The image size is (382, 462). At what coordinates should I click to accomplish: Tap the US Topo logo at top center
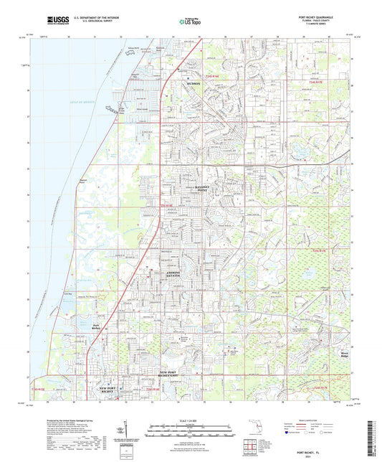coord(189,23)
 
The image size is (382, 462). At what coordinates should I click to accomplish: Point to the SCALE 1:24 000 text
coord(190,420)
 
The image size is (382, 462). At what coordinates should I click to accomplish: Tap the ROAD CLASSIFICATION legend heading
coord(305,420)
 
